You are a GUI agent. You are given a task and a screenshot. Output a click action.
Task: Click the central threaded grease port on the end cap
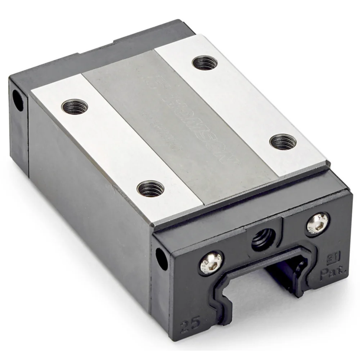click(x=262, y=240)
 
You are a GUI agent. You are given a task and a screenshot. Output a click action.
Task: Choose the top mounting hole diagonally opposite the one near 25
click(x=204, y=63)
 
